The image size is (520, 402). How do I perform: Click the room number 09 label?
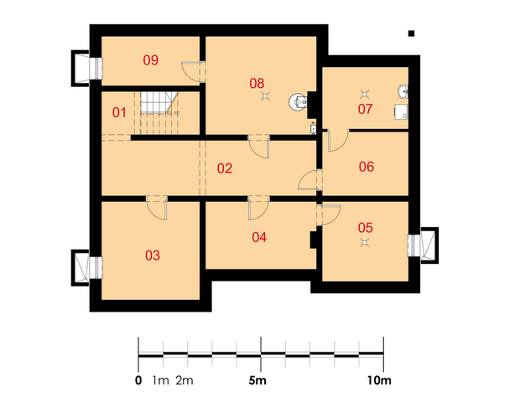click(151, 60)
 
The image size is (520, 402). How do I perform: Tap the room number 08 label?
click(257, 84)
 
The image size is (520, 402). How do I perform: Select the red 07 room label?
click(365, 109)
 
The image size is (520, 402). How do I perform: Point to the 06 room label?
click(367, 167)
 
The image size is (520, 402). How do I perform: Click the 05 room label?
click(366, 228)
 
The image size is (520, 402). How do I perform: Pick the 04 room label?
click(259, 237)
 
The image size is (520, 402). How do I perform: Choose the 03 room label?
click(153, 255)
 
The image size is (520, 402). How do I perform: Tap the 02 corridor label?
click(225, 168)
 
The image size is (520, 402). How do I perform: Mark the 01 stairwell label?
click(119, 112)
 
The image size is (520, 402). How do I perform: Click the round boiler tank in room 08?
click(298, 102)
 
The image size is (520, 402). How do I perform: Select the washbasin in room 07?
click(403, 91)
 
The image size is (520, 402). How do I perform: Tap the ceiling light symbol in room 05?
click(365, 243)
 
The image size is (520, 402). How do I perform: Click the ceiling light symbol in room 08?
click(265, 96)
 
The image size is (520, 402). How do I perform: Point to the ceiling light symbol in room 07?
click(365, 95)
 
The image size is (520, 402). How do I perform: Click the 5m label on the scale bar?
click(257, 381)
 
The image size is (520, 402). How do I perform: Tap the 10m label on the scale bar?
click(379, 381)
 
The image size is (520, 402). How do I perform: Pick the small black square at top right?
click(411, 33)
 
